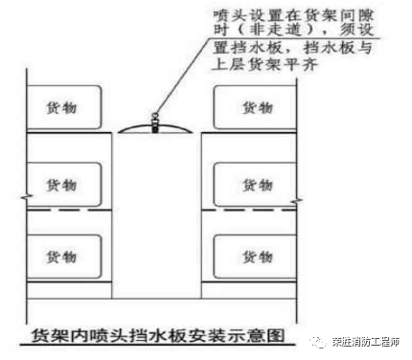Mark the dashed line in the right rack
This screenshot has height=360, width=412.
click(245, 211)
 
